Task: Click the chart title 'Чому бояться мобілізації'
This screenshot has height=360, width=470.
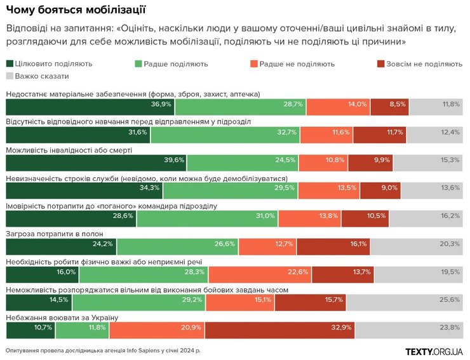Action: point(76,10)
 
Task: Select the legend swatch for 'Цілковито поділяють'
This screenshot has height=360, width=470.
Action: point(10,63)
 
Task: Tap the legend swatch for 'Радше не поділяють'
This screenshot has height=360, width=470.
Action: point(255,63)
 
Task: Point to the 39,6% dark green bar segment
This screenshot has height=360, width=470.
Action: point(96,159)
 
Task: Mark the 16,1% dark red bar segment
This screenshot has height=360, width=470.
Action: point(333,244)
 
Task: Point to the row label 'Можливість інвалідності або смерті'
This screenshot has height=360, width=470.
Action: point(69,150)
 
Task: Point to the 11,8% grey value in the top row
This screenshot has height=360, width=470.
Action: point(450,104)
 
